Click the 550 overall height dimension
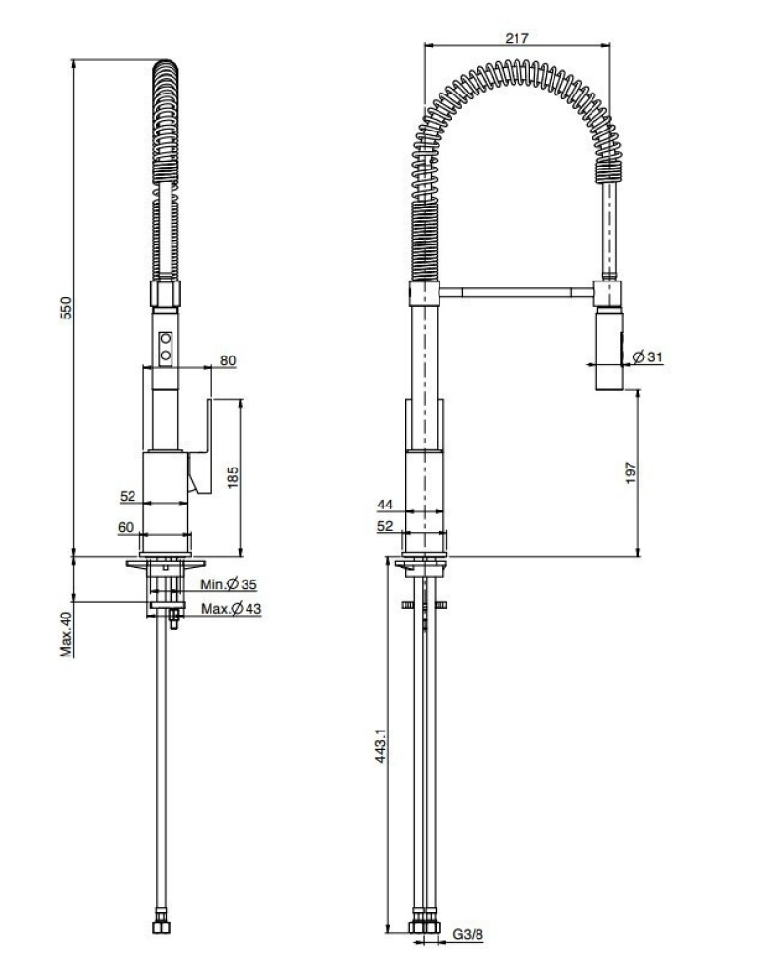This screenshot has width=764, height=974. (x=67, y=308)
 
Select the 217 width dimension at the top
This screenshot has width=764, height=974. (x=517, y=38)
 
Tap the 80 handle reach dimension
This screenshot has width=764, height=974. (x=228, y=360)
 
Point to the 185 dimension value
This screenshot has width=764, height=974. (x=232, y=477)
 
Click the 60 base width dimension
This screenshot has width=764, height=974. (x=125, y=526)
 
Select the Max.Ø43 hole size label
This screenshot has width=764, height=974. (x=230, y=610)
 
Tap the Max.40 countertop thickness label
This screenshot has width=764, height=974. (x=67, y=635)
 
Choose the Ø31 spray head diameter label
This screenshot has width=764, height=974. (x=647, y=357)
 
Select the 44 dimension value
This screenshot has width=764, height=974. (x=387, y=505)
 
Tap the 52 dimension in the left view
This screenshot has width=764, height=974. (x=128, y=496)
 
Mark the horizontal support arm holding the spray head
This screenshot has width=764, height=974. (x=518, y=289)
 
